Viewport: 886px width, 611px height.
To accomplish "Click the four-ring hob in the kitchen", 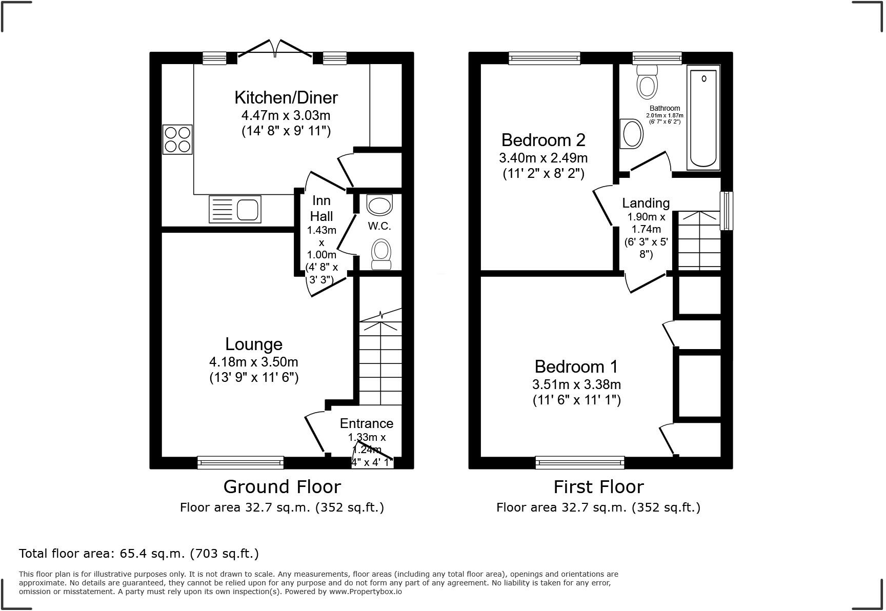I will point(177,139).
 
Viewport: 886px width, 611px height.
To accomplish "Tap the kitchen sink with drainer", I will point(235,209).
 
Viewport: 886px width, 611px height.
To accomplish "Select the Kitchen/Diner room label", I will point(286,97).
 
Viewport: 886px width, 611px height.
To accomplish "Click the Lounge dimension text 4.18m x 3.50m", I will point(253,362).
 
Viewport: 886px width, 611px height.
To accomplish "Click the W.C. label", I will point(379,226).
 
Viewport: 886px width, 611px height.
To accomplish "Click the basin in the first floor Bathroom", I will point(632,134).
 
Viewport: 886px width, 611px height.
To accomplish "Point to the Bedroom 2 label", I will point(543,140).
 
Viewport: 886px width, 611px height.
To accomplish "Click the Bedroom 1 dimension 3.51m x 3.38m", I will point(576,384).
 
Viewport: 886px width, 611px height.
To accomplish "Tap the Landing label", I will point(646,203).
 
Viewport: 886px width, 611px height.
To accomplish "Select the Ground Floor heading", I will point(282,486).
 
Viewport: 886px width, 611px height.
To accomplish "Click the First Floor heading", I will point(598,486).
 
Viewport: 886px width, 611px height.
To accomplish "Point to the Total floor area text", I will point(138,554).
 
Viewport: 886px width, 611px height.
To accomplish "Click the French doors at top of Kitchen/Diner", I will point(275,49).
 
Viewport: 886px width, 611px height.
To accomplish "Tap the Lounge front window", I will point(240,463).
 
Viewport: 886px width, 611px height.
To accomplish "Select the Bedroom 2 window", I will point(544,58).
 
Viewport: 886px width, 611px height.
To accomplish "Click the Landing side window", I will point(726,211).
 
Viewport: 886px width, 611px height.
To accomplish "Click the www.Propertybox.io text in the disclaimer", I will point(365,592).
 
